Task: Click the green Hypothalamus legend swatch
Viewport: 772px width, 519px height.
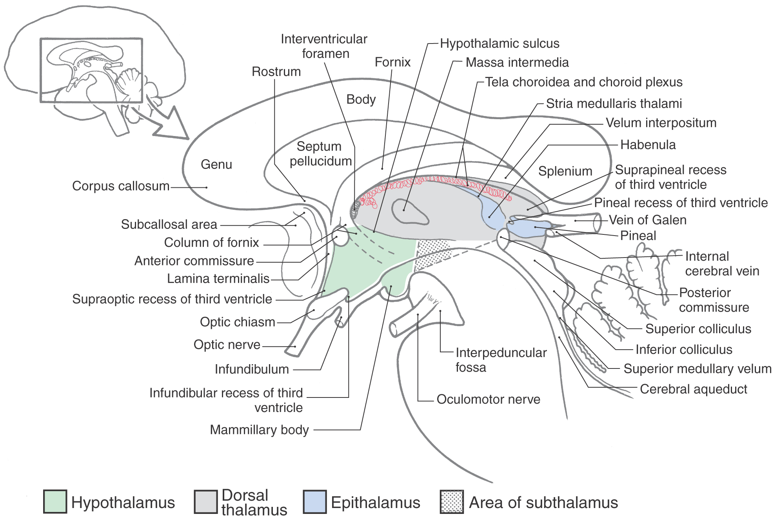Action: click(55, 501)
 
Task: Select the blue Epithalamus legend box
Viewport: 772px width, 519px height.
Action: click(314, 501)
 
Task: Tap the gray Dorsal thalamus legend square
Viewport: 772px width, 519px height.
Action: click(206, 501)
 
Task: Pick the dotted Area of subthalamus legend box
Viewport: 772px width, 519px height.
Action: click(452, 501)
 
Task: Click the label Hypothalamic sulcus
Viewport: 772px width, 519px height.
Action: click(500, 44)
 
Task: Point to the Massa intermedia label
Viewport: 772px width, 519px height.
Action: click(517, 62)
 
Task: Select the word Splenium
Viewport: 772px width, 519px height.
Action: click(565, 171)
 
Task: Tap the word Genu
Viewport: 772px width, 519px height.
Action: click(216, 164)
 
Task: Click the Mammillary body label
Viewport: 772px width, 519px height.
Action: click(259, 430)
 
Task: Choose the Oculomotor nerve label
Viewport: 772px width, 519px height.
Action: click(488, 399)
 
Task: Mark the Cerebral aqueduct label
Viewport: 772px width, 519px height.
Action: click(693, 389)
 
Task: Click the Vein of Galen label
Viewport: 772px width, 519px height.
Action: click(647, 220)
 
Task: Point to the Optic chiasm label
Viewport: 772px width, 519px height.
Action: click(237, 322)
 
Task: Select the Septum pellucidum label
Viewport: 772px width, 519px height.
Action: click(320, 154)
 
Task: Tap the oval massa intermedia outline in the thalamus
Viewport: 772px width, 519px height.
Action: click(410, 212)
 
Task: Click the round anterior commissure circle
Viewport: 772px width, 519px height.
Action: click(341, 237)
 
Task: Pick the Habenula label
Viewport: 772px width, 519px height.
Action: click(648, 145)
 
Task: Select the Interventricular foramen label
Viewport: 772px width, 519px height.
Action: click(324, 46)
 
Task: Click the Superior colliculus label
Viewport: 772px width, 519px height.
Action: click(698, 329)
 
